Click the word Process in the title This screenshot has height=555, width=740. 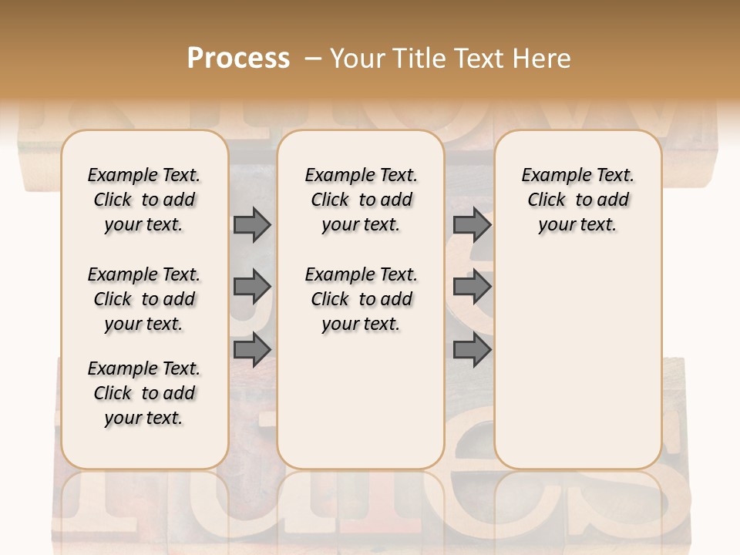[238, 59]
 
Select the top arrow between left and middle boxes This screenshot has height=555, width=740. [252, 225]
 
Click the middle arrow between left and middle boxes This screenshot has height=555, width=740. [252, 288]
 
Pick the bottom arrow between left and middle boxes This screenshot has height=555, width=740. [252, 350]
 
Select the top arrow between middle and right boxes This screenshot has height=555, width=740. [472, 225]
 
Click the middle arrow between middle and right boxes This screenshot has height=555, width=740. [472, 288]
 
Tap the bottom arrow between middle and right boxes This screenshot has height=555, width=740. [472, 350]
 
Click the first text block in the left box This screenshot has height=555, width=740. [144, 200]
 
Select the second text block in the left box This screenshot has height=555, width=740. [144, 299]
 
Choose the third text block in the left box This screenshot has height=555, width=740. [144, 393]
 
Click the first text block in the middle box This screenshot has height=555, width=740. [361, 200]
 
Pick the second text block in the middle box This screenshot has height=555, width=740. [361, 299]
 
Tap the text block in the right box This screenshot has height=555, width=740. [577, 200]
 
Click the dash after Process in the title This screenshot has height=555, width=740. [312, 59]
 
